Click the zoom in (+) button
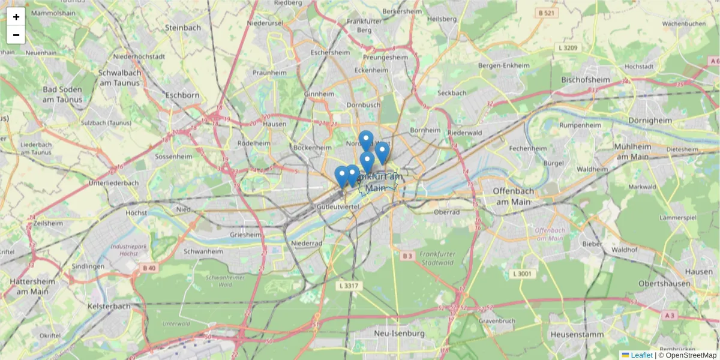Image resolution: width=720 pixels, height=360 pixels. click(x=16, y=17)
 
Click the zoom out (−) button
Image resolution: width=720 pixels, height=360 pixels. click(x=16, y=35)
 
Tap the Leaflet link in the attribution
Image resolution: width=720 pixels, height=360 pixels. click(x=641, y=355)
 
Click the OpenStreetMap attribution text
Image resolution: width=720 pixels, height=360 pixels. click(x=687, y=355)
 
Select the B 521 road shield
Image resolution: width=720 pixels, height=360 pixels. click(x=546, y=13)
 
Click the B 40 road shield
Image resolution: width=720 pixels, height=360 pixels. click(x=149, y=268)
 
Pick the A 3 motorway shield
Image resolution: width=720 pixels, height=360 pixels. click(x=670, y=315)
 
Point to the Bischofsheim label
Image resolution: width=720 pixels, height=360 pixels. click(x=585, y=79)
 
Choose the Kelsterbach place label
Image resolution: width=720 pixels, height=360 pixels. click(x=109, y=306)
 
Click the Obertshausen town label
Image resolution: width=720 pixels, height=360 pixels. click(x=667, y=283)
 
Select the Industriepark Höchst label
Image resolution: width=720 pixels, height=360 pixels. click(x=120, y=250)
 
